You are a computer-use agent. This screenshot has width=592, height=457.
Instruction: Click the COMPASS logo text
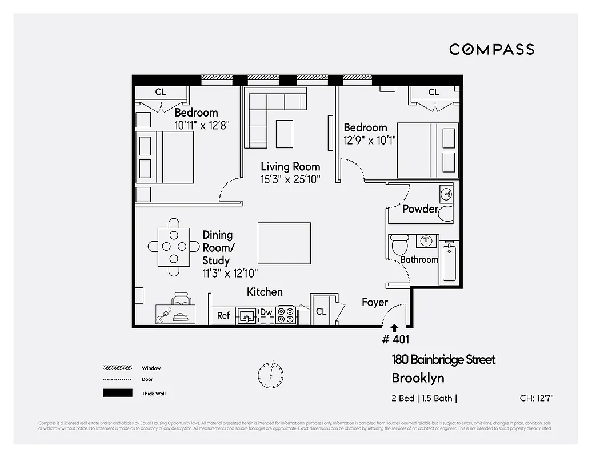tap(491, 49)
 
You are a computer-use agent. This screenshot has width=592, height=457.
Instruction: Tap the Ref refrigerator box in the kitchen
tap(223, 315)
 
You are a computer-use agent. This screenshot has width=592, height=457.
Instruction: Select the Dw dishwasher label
tap(266, 312)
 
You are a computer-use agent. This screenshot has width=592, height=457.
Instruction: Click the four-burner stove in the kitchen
tap(285, 315)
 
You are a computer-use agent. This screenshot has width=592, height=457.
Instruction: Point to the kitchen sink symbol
tap(247, 315)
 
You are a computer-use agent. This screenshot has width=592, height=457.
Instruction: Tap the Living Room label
tap(290, 167)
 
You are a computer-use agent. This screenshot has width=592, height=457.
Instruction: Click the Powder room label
tap(419, 209)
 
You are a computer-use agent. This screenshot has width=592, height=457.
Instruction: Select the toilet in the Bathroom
tap(398, 246)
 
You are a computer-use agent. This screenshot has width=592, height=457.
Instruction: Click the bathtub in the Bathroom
tap(449, 263)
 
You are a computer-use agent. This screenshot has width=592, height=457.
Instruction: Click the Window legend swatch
tap(117, 368)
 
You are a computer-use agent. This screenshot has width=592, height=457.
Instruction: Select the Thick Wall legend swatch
tap(117, 393)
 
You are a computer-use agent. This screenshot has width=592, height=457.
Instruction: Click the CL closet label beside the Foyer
tap(321, 311)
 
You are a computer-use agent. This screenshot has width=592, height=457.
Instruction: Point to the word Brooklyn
tap(418, 378)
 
